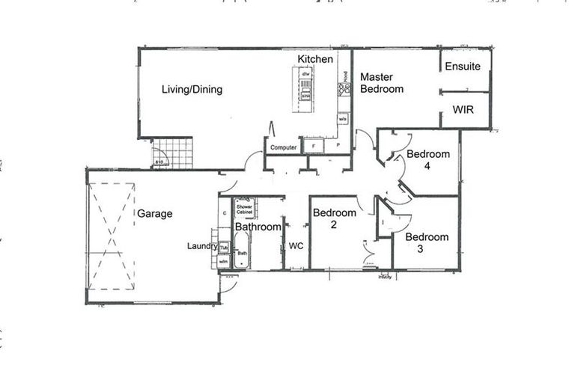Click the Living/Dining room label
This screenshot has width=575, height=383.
click(192, 90)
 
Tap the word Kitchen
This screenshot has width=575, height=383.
click(315, 59)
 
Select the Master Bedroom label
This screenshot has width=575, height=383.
click(382, 83)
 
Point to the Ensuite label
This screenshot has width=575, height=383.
click(463, 67)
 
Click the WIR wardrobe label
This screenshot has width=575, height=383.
click(463, 110)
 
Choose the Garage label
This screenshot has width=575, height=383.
click(154, 214)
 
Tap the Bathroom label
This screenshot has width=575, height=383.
click(258, 227)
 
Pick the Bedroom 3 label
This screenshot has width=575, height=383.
click(427, 243)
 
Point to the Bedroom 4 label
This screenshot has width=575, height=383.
click(428, 161)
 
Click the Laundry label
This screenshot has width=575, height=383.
click(201, 245)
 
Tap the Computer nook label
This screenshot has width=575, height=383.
click(284, 148)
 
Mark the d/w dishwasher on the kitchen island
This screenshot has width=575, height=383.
click(305, 74)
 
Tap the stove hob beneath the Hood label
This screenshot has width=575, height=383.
click(344, 91)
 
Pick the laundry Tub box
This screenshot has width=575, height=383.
click(223, 247)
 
